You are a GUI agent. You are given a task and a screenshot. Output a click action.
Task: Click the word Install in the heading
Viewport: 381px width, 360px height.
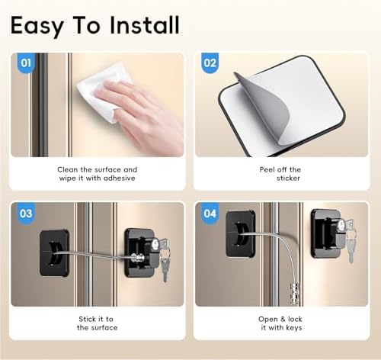pos(145,25)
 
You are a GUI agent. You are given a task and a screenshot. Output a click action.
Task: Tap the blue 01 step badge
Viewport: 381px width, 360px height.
pos(26,63)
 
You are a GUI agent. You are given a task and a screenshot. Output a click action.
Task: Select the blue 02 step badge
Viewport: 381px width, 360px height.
pos(210,63)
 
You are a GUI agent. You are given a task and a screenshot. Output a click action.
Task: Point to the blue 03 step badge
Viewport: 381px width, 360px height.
pos(26,214)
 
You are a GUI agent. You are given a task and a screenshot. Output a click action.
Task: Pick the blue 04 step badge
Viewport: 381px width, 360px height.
pos(210,214)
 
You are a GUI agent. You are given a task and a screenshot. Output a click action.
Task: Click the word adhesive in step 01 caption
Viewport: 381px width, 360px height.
pos(119,178)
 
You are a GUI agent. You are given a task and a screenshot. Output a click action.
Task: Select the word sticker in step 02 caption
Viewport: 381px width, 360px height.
pos(288,178)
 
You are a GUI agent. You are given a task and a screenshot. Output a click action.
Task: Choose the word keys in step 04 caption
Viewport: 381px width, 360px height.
pos(294,328)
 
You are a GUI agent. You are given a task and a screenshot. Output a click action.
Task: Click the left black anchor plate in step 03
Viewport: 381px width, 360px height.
pos(55,253)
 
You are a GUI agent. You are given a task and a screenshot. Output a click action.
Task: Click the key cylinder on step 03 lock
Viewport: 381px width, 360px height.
pos(155,245)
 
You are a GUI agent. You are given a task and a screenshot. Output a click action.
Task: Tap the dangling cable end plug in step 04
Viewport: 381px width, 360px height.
pos(294,293)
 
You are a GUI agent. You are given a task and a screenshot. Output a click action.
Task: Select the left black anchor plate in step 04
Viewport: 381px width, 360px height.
pos(240,233)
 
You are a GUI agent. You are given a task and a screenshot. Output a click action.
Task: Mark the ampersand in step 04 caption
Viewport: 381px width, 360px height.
pos(282,319)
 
